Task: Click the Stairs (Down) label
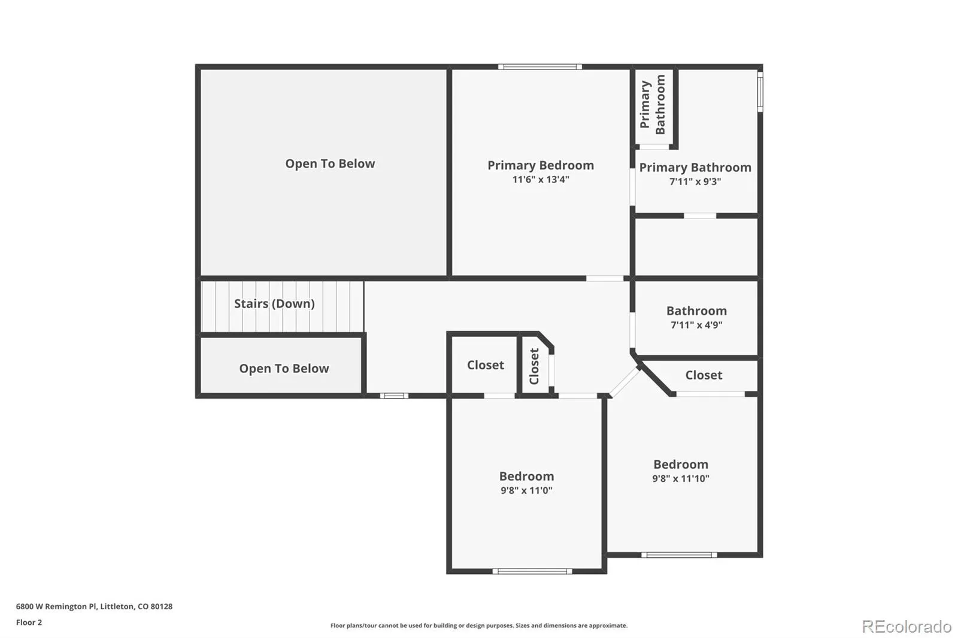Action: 274,303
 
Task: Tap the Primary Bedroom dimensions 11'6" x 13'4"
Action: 541,180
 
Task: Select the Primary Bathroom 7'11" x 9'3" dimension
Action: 695,181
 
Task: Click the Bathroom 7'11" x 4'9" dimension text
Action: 696,325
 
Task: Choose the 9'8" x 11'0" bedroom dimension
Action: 526,491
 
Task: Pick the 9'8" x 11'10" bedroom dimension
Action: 680,479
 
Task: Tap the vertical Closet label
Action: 534,366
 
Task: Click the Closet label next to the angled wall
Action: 704,375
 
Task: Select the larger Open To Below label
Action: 330,164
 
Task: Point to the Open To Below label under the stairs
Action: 284,369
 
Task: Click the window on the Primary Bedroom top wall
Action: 540,66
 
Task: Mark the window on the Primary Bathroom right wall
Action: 760,92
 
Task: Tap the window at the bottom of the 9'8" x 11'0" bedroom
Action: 532,572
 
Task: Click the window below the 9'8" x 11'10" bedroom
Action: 679,555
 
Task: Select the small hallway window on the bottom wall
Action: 394,396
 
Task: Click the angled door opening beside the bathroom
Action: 625,382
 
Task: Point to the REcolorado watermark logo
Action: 907,627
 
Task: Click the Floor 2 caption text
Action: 29,622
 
